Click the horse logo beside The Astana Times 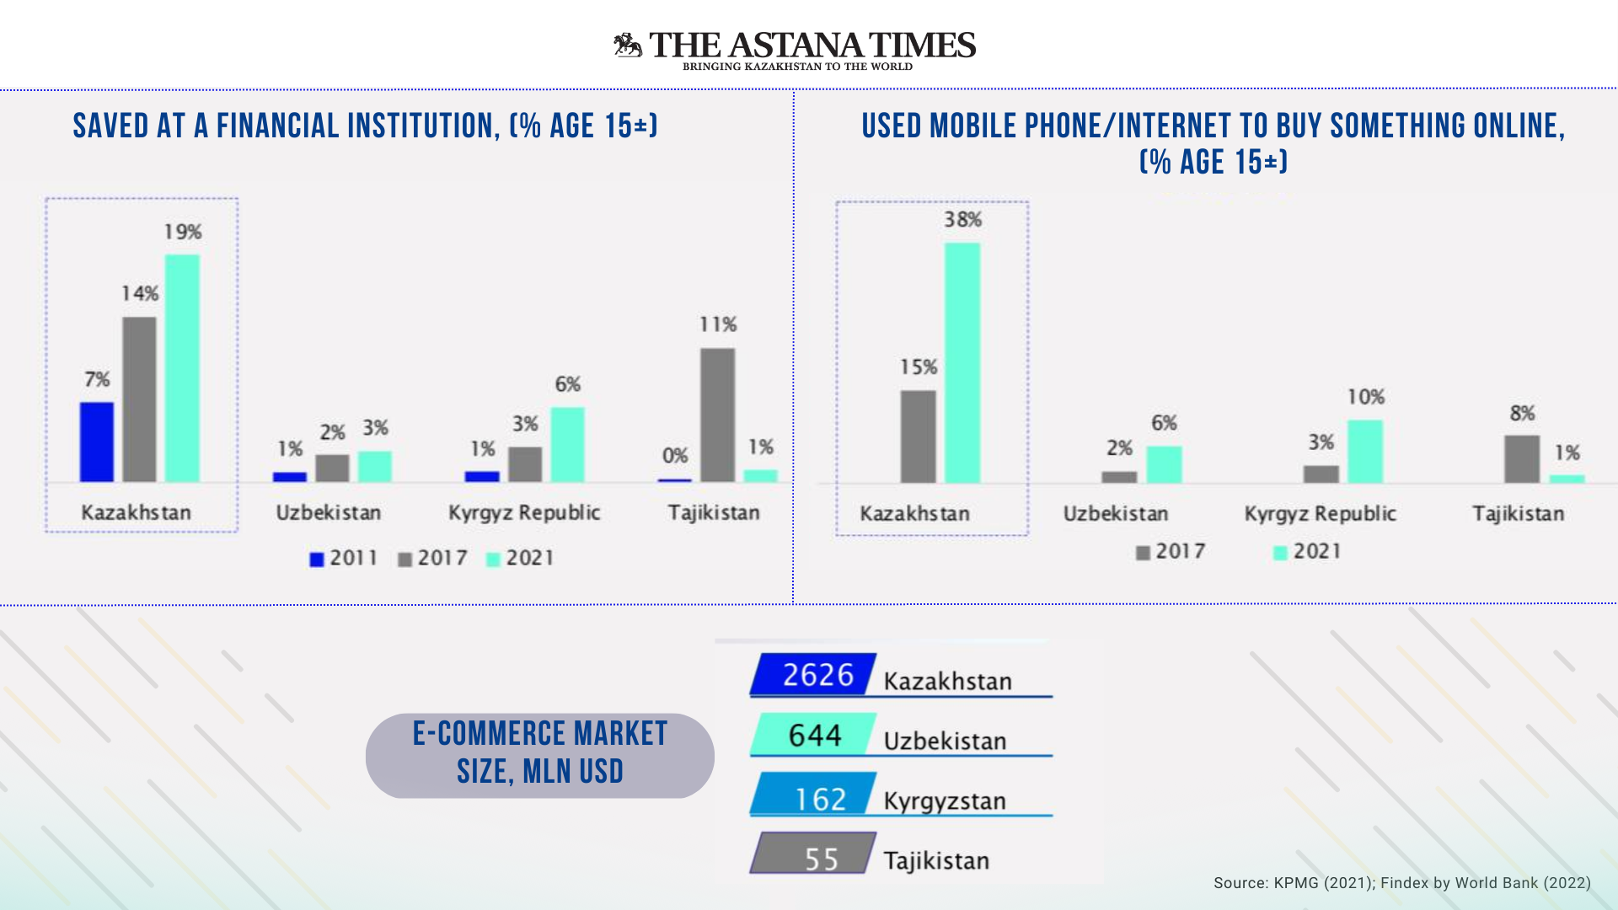pyautogui.click(x=628, y=45)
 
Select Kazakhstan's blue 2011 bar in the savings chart pyautogui.click(x=97, y=442)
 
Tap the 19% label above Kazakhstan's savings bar pyautogui.click(x=183, y=232)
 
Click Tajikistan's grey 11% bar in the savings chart pyautogui.click(x=717, y=415)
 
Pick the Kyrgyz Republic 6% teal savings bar pyautogui.click(x=567, y=444)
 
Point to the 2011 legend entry pyautogui.click(x=344, y=558)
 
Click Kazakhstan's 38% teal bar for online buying pyautogui.click(x=962, y=362)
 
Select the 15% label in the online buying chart pyautogui.click(x=918, y=367)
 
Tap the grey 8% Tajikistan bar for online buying pyautogui.click(x=1522, y=458)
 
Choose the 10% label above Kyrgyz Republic pyautogui.click(x=1365, y=397)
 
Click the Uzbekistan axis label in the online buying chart pyautogui.click(x=1115, y=513)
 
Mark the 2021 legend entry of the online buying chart pyautogui.click(x=1306, y=552)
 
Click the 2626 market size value pyautogui.click(x=817, y=675)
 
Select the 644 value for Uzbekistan pyautogui.click(x=815, y=736)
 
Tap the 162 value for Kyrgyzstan pyautogui.click(x=819, y=798)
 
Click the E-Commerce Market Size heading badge pyautogui.click(x=539, y=754)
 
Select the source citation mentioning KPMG pyautogui.click(x=1401, y=883)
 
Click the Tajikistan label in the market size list pyautogui.click(x=935, y=860)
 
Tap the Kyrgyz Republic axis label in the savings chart pyautogui.click(x=523, y=512)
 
